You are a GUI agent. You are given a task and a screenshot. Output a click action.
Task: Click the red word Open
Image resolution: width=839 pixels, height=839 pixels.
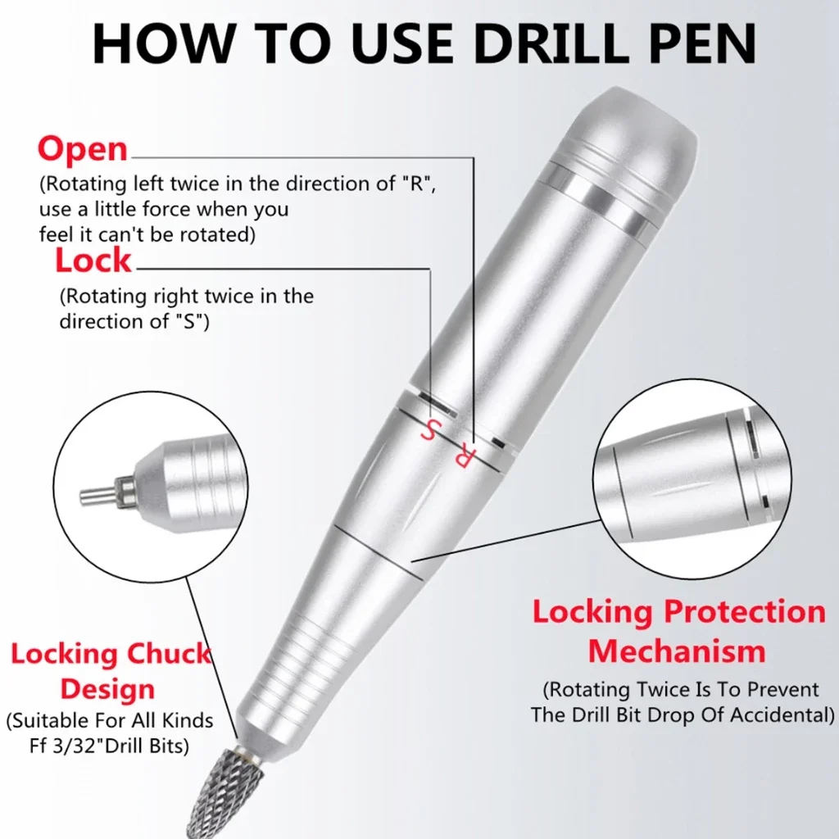[83, 149]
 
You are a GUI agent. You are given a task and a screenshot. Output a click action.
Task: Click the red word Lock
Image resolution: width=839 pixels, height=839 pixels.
[93, 261]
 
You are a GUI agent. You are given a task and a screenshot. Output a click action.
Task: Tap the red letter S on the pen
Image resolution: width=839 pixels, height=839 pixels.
[431, 429]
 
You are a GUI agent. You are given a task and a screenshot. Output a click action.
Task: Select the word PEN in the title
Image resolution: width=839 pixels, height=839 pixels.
[702, 44]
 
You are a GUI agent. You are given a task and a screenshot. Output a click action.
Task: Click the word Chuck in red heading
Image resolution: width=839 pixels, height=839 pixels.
[169, 653]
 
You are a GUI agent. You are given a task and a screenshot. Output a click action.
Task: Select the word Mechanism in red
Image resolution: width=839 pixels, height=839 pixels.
[677, 651]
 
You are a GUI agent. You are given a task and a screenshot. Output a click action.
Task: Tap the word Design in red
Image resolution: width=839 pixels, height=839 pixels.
[107, 689]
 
